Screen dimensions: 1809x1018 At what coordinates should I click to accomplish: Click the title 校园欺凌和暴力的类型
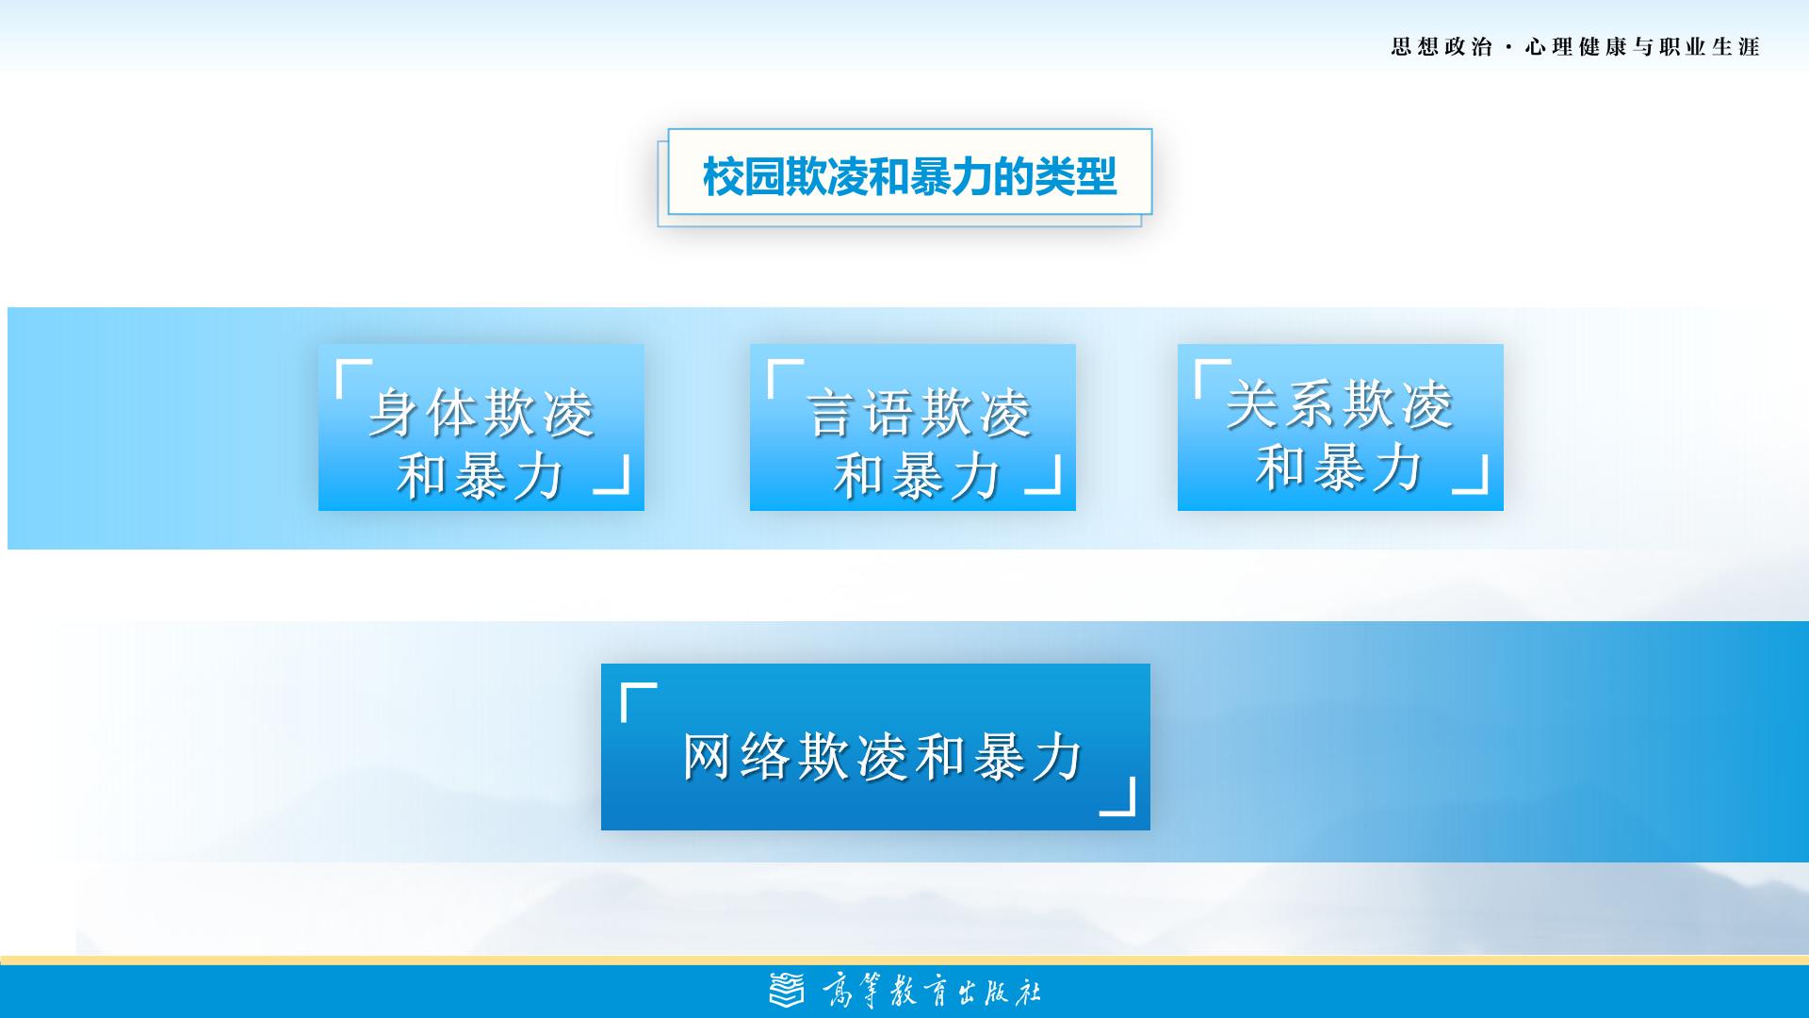pyautogui.click(x=909, y=176)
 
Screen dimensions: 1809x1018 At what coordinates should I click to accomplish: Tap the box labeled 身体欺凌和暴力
pyautogui.click(x=481, y=427)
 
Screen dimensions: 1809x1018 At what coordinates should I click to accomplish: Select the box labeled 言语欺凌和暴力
pyautogui.click(x=913, y=427)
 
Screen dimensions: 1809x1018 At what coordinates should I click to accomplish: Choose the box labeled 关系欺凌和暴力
pyautogui.click(x=1341, y=427)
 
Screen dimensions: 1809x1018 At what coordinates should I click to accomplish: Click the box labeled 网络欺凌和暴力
pyautogui.click(x=875, y=747)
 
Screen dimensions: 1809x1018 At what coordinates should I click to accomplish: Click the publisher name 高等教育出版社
pyautogui.click(x=932, y=992)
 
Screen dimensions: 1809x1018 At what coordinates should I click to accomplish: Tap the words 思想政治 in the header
pyautogui.click(x=1442, y=47)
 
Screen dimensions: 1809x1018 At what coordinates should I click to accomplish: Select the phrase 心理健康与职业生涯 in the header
pyautogui.click(x=1642, y=47)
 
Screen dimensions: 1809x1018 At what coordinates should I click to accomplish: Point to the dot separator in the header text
pyautogui.click(x=1509, y=48)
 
